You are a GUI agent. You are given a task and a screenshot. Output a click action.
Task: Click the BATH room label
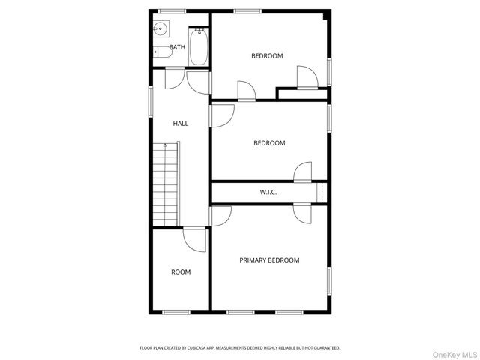[177, 47]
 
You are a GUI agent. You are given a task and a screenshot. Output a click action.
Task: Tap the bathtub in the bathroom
[199, 47]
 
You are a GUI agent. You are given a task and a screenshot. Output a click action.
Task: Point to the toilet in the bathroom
[160, 52]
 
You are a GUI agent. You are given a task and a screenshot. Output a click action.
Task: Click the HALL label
[181, 124]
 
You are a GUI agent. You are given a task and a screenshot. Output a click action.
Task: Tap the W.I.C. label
[268, 193]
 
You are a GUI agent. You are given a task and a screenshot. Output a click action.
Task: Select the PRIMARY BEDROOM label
[269, 260]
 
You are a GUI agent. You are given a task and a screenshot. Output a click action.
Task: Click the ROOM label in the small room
[181, 272]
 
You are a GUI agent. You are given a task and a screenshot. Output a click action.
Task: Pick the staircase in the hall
[166, 184]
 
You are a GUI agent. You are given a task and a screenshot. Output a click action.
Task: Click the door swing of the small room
[194, 240]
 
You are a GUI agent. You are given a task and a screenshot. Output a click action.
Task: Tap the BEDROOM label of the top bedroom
[267, 56]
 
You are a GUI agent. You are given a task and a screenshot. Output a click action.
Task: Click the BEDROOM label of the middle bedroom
[269, 143]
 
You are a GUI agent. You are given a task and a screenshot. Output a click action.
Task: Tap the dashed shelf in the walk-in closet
[322, 193]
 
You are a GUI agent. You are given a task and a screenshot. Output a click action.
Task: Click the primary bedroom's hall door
[220, 217]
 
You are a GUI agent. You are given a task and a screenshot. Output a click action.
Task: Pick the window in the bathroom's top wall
[172, 10]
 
